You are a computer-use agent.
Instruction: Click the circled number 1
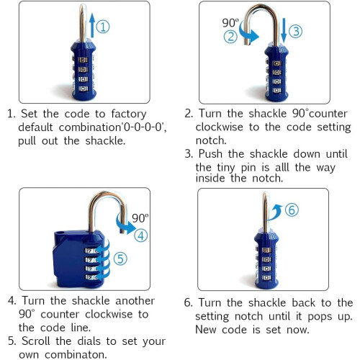(103, 27)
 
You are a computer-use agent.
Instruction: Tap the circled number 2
(230, 37)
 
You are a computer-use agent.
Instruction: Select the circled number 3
(295, 32)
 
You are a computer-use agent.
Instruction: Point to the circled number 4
(140, 235)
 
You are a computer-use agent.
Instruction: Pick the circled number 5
(120, 258)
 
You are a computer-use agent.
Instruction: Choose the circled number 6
(292, 210)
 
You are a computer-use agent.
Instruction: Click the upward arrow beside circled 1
(92, 25)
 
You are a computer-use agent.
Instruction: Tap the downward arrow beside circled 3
(284, 30)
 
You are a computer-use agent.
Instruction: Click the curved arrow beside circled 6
(275, 212)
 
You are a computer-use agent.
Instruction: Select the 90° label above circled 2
(230, 23)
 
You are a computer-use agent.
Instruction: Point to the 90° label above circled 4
(140, 218)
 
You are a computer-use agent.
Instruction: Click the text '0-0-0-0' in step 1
(143, 127)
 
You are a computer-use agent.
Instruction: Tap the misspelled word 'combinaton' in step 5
(76, 354)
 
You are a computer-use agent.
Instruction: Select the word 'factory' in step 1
(129, 114)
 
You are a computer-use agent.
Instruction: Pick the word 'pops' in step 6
(320, 317)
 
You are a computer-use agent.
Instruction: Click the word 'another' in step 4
(135, 301)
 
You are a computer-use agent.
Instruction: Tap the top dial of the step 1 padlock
(84, 60)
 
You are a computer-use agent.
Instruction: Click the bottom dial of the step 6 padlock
(266, 278)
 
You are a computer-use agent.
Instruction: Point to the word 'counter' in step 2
(328, 114)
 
